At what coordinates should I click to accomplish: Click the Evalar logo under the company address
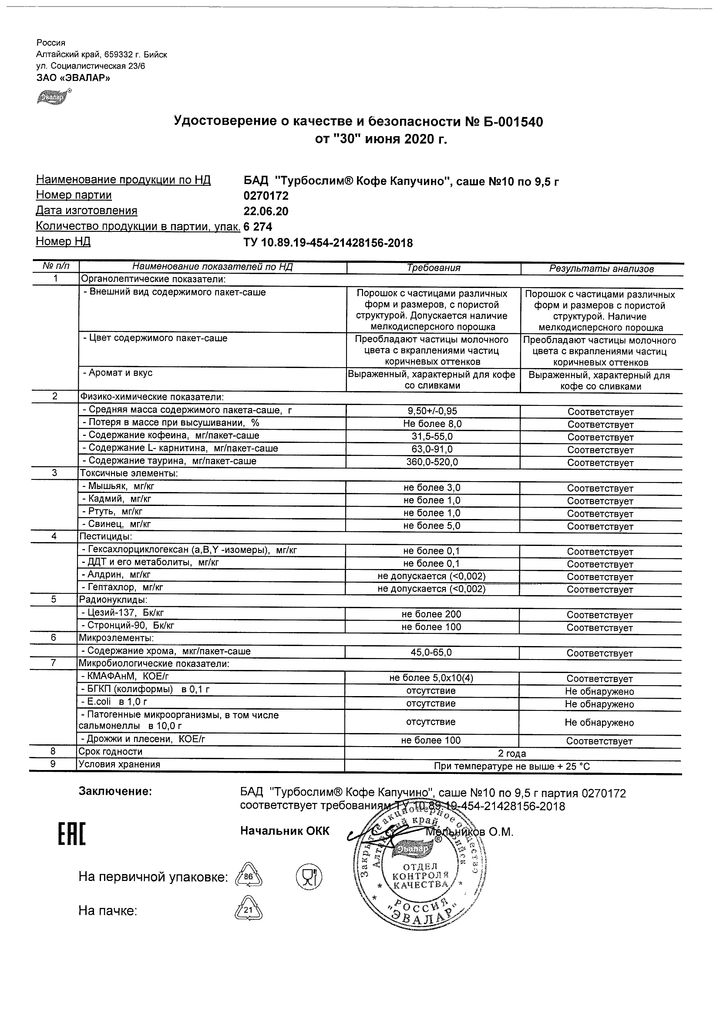pos(53,97)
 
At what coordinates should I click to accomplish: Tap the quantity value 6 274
pos(258,227)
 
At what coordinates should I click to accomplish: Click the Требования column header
pos(434,268)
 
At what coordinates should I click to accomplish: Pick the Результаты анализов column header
pos(601,269)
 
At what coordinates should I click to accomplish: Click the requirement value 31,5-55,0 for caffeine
pos(432,436)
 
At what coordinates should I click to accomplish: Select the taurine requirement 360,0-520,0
pos(432,462)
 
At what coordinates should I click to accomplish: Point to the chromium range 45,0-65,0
pos(431,653)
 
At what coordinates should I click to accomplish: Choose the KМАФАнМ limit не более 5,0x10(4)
pos(431,678)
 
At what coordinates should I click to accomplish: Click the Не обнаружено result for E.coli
pos(599,704)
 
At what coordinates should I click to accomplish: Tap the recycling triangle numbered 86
pos(249,876)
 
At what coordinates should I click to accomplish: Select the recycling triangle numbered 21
pos(248,910)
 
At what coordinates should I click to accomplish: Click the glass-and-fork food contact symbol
pos(309,877)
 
